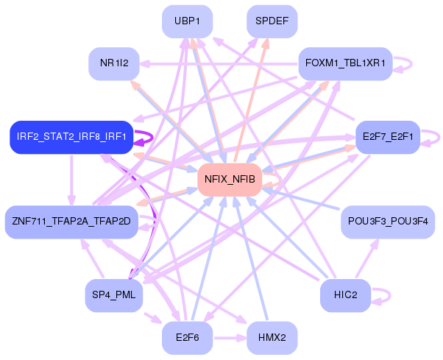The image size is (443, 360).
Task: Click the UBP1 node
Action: (x=188, y=21)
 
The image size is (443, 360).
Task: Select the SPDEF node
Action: (x=272, y=21)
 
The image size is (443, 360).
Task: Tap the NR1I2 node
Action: (x=114, y=63)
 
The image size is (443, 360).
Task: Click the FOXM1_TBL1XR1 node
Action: (x=345, y=63)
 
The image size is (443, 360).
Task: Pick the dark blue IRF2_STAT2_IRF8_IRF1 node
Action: (x=71, y=137)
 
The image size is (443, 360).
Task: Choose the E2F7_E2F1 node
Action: (x=388, y=137)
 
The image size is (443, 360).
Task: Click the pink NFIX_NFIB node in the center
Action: (x=230, y=179)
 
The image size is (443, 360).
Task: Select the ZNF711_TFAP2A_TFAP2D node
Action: (x=71, y=221)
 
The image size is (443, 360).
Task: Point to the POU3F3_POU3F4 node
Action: (x=389, y=221)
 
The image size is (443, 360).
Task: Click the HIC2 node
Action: (x=345, y=295)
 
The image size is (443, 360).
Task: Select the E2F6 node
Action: (x=188, y=337)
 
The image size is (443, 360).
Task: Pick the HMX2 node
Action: (x=272, y=337)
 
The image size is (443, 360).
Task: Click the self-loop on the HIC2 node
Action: (x=383, y=295)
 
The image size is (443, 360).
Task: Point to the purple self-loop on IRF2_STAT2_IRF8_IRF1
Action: (x=146, y=136)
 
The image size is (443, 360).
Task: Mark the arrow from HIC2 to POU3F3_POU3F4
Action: (x=366, y=258)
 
